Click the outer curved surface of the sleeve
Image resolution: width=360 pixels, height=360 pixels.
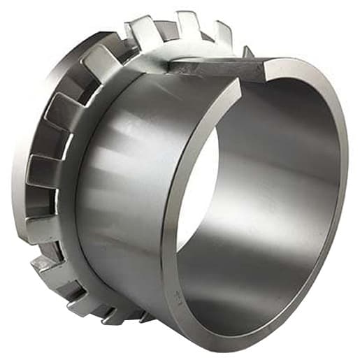(126, 175)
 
